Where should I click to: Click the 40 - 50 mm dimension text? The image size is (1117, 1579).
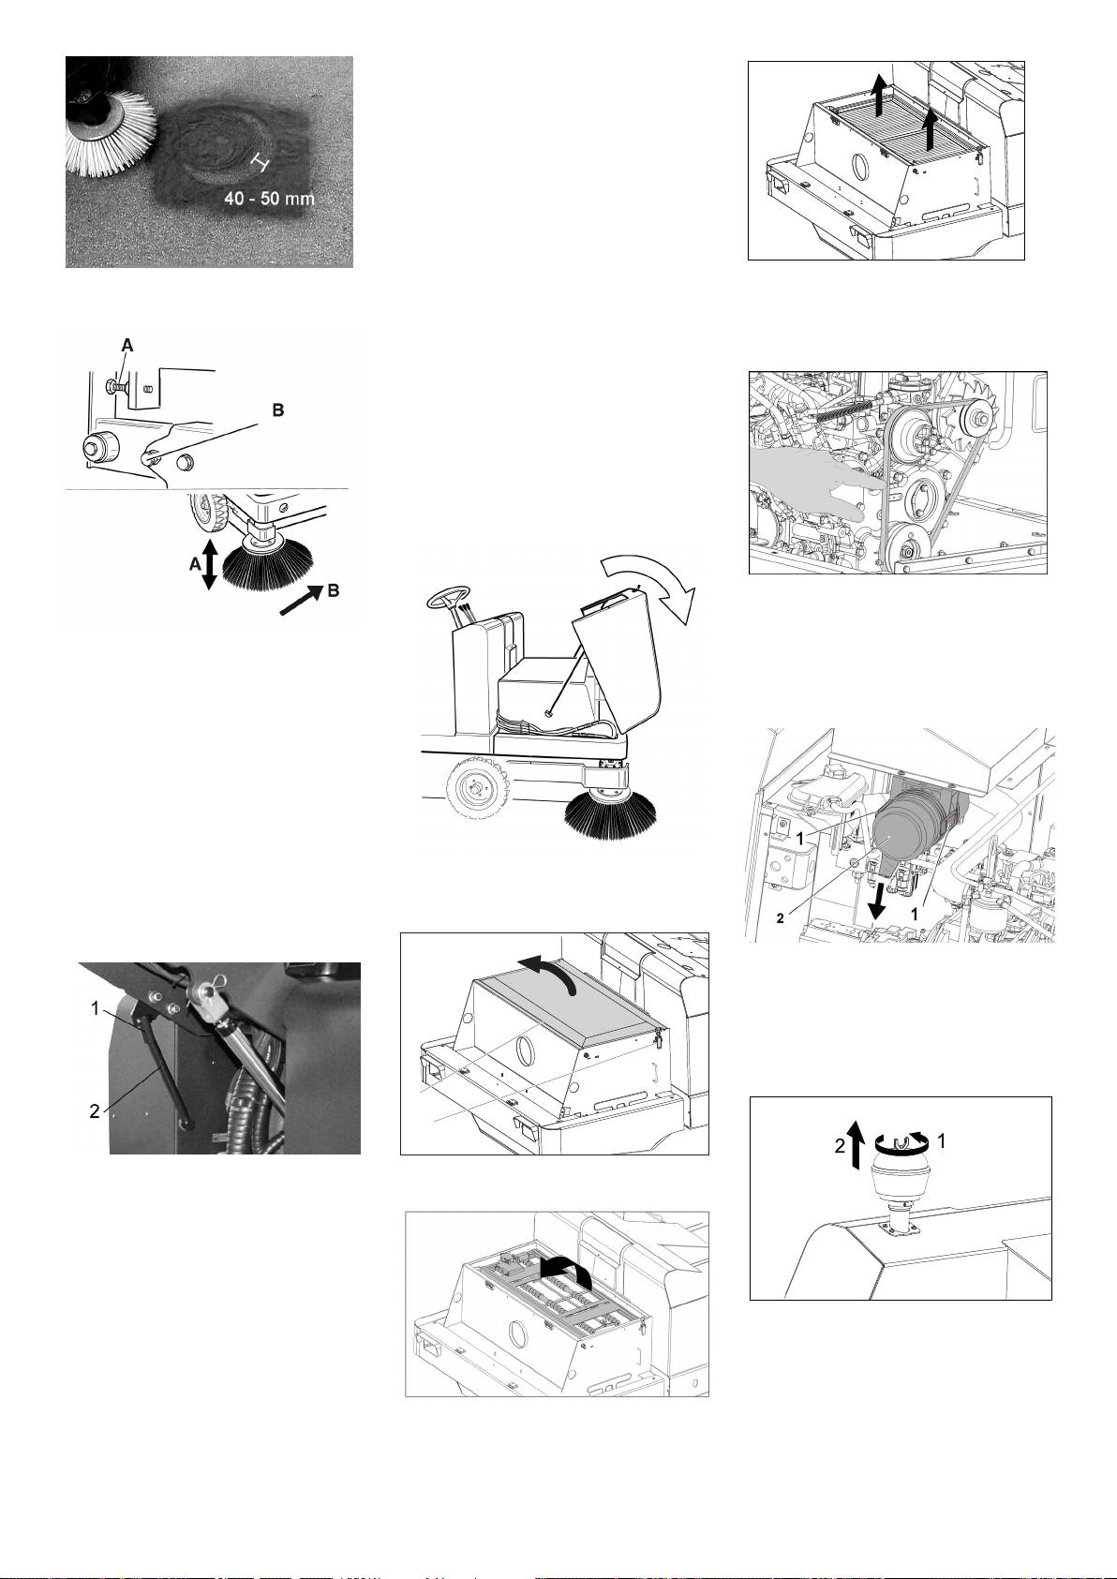(269, 199)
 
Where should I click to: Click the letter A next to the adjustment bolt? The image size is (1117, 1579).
(127, 345)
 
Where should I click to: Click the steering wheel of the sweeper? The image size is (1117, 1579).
(449, 597)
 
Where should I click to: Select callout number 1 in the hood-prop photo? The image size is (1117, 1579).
(96, 1008)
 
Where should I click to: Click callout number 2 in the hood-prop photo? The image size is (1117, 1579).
(96, 1111)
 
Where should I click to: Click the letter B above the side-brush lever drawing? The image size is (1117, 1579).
(278, 410)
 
